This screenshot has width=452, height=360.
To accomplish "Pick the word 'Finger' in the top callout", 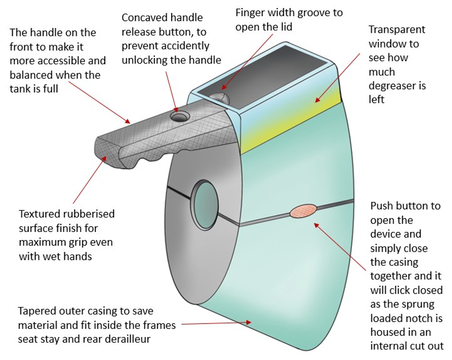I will click(x=250, y=12).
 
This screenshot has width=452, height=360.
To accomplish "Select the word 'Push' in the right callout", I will click(x=382, y=206).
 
